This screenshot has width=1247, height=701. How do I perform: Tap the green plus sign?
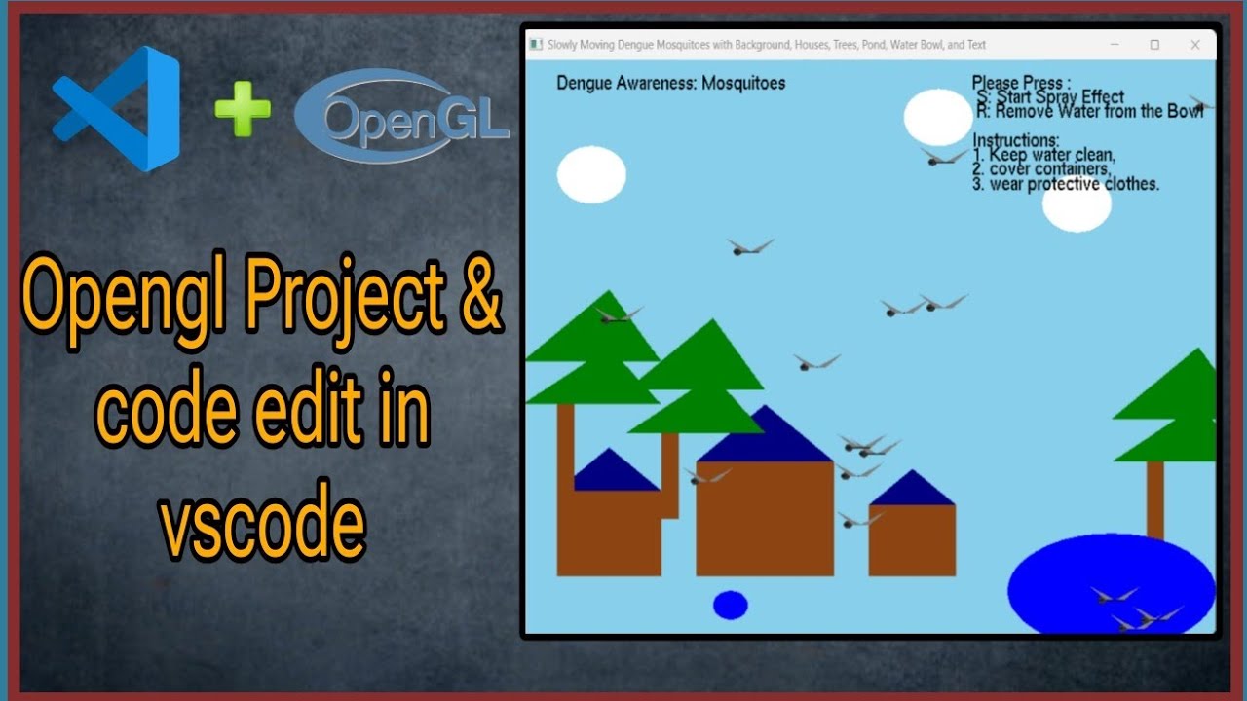click(x=243, y=109)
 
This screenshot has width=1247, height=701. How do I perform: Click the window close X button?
click(x=1195, y=45)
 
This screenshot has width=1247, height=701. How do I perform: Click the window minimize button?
click(x=1114, y=45)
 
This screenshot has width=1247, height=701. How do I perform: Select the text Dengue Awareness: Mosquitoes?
click(x=670, y=83)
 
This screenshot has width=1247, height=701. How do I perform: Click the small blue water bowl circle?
click(x=730, y=605)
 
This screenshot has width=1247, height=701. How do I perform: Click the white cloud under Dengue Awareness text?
click(x=591, y=174)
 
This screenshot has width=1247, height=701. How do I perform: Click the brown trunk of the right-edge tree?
click(x=1155, y=498)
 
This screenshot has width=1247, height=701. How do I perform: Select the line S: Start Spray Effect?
click(x=1050, y=97)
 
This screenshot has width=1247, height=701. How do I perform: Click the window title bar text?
click(x=767, y=45)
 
